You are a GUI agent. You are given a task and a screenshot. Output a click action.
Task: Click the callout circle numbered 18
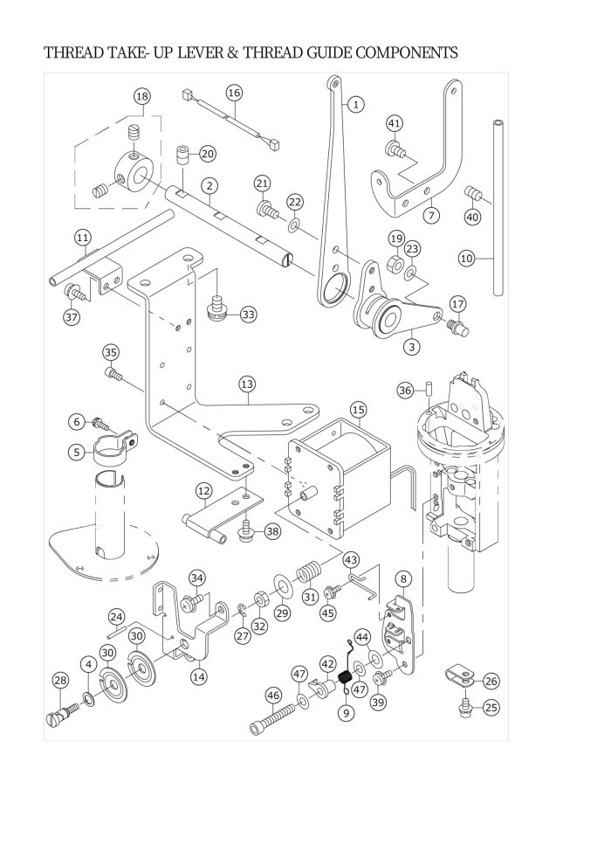click(142, 96)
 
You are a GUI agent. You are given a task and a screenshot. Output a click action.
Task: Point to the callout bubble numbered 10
click(466, 258)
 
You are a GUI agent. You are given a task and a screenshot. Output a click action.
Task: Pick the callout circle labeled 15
click(359, 409)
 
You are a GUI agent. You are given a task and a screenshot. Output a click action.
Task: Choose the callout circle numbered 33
click(249, 314)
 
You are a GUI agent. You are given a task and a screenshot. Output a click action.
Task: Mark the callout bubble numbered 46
click(273, 695)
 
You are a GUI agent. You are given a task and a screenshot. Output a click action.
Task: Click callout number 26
click(491, 681)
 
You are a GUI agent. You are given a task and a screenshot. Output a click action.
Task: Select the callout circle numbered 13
click(247, 384)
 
